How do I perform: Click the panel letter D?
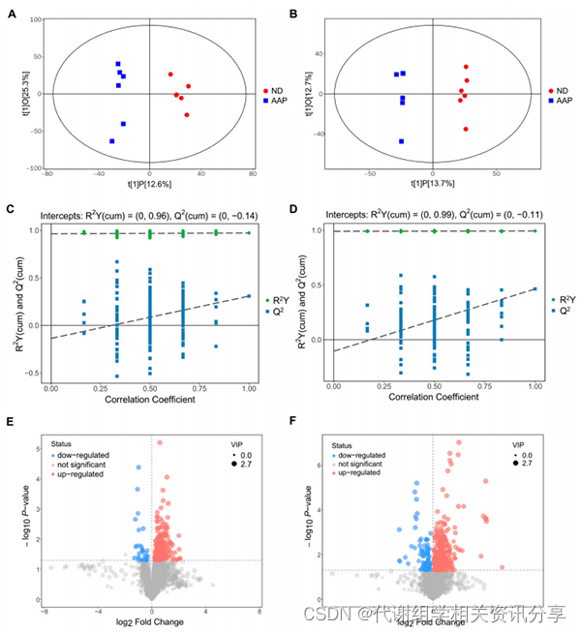point(296,207)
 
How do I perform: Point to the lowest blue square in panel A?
point(112,141)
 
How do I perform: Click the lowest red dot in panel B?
point(466,129)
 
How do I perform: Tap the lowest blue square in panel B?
point(401,141)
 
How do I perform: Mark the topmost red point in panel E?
point(160,442)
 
